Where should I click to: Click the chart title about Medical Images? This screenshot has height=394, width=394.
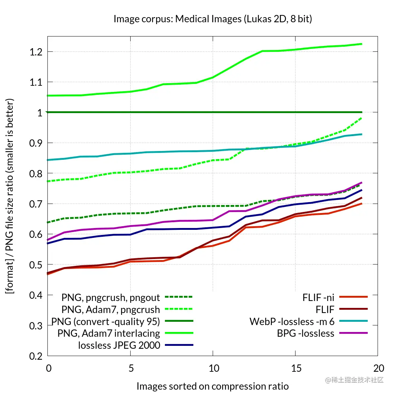(x=213, y=19)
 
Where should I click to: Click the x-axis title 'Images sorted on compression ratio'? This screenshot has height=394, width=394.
(x=213, y=386)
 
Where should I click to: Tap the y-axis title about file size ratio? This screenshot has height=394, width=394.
(x=10, y=196)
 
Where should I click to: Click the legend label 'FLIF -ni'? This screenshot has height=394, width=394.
(x=318, y=297)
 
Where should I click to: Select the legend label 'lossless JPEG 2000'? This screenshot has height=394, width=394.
(x=119, y=345)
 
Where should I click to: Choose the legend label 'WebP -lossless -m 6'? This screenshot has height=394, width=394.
(x=292, y=321)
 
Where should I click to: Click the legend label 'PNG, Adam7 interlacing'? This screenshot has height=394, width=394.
(x=109, y=333)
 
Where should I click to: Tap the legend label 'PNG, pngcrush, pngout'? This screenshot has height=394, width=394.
(x=111, y=298)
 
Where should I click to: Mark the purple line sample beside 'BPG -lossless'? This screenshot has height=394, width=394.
(x=353, y=333)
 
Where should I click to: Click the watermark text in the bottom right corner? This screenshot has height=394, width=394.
(x=355, y=380)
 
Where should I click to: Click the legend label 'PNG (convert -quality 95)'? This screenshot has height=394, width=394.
(x=106, y=321)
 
